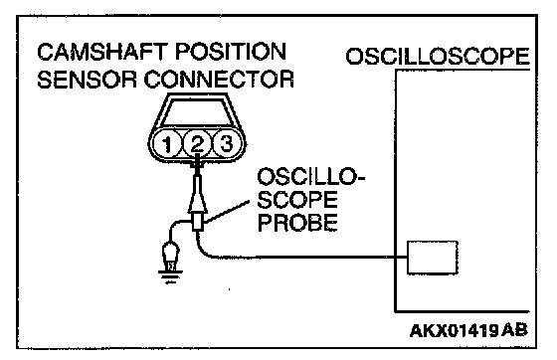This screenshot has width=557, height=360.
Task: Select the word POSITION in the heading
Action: pyautogui.click(x=231, y=52)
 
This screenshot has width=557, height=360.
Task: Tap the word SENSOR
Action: pyautogui.click(x=87, y=80)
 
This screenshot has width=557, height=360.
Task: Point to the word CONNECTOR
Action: pyautogui.click(x=219, y=80)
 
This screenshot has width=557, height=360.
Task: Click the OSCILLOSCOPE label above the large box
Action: pyautogui.click(x=438, y=56)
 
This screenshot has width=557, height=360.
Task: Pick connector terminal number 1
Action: pyautogui.click(x=167, y=144)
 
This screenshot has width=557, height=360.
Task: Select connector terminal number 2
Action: pyautogui.click(x=198, y=144)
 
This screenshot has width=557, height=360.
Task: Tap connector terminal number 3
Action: pyautogui.click(x=227, y=144)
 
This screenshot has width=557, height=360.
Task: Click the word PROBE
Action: pyautogui.click(x=297, y=223)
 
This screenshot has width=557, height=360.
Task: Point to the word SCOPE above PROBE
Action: pyautogui.click(x=297, y=200)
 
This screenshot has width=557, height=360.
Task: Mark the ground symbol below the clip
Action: pyautogui.click(x=170, y=276)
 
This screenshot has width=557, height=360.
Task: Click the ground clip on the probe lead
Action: pyautogui.click(x=171, y=255)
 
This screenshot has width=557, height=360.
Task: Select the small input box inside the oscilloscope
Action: pyautogui.click(x=432, y=258)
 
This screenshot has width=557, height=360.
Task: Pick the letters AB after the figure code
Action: pyautogui.click(x=515, y=331)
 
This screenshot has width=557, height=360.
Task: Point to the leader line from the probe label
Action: pyautogui.click(x=227, y=212)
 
